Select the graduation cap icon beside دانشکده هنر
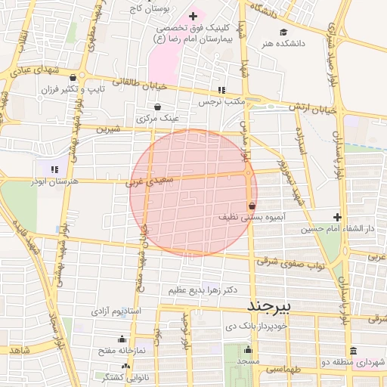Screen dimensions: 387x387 pyautogui.click(x=283, y=32)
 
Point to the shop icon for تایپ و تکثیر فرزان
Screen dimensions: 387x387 pyautogui.click(x=72, y=77)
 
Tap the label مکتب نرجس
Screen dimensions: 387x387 pyautogui.click(x=220, y=101)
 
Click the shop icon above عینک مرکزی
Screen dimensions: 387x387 pyautogui.click(x=157, y=107)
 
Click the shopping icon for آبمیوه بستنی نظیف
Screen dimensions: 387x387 pyautogui.click(x=251, y=206)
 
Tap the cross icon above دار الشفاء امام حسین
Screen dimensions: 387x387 pyautogui.click(x=338, y=217)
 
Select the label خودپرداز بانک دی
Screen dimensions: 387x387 pyautogui.click(x=257, y=327)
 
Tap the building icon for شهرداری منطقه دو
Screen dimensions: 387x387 pyautogui.click(x=354, y=350)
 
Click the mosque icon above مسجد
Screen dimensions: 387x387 pyautogui.click(x=248, y=350)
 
